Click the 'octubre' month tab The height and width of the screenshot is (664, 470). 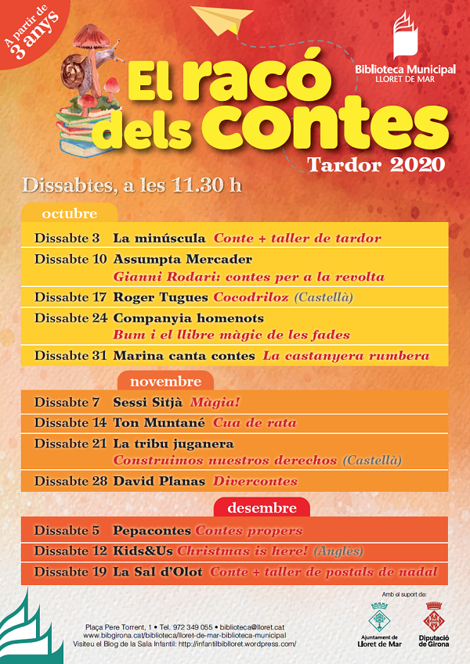click(x=70, y=214)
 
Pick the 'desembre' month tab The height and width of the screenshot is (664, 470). click(x=262, y=508)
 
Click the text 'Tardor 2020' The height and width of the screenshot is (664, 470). click(x=376, y=165)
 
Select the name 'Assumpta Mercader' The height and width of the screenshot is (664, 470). click(x=183, y=259)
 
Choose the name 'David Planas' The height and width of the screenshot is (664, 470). click(x=159, y=481)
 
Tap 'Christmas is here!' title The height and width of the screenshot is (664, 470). click(x=244, y=551)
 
